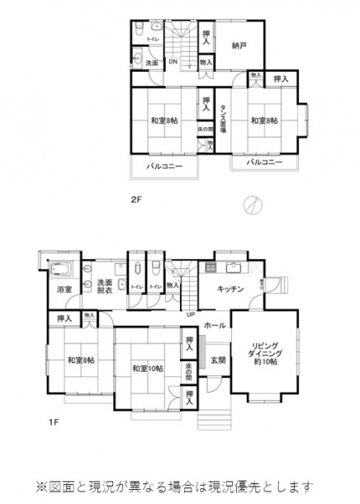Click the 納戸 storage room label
(239, 46)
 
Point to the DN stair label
(173, 62)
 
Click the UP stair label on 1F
(191, 313)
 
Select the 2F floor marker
(137, 199)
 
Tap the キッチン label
(230, 289)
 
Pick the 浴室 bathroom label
(64, 290)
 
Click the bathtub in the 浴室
(63, 270)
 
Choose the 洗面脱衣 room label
(97, 287)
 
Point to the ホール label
(215, 325)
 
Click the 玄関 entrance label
(217, 360)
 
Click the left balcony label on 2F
(164, 167)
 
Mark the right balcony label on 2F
(265, 163)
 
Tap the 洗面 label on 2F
(152, 63)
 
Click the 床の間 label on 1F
(189, 370)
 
